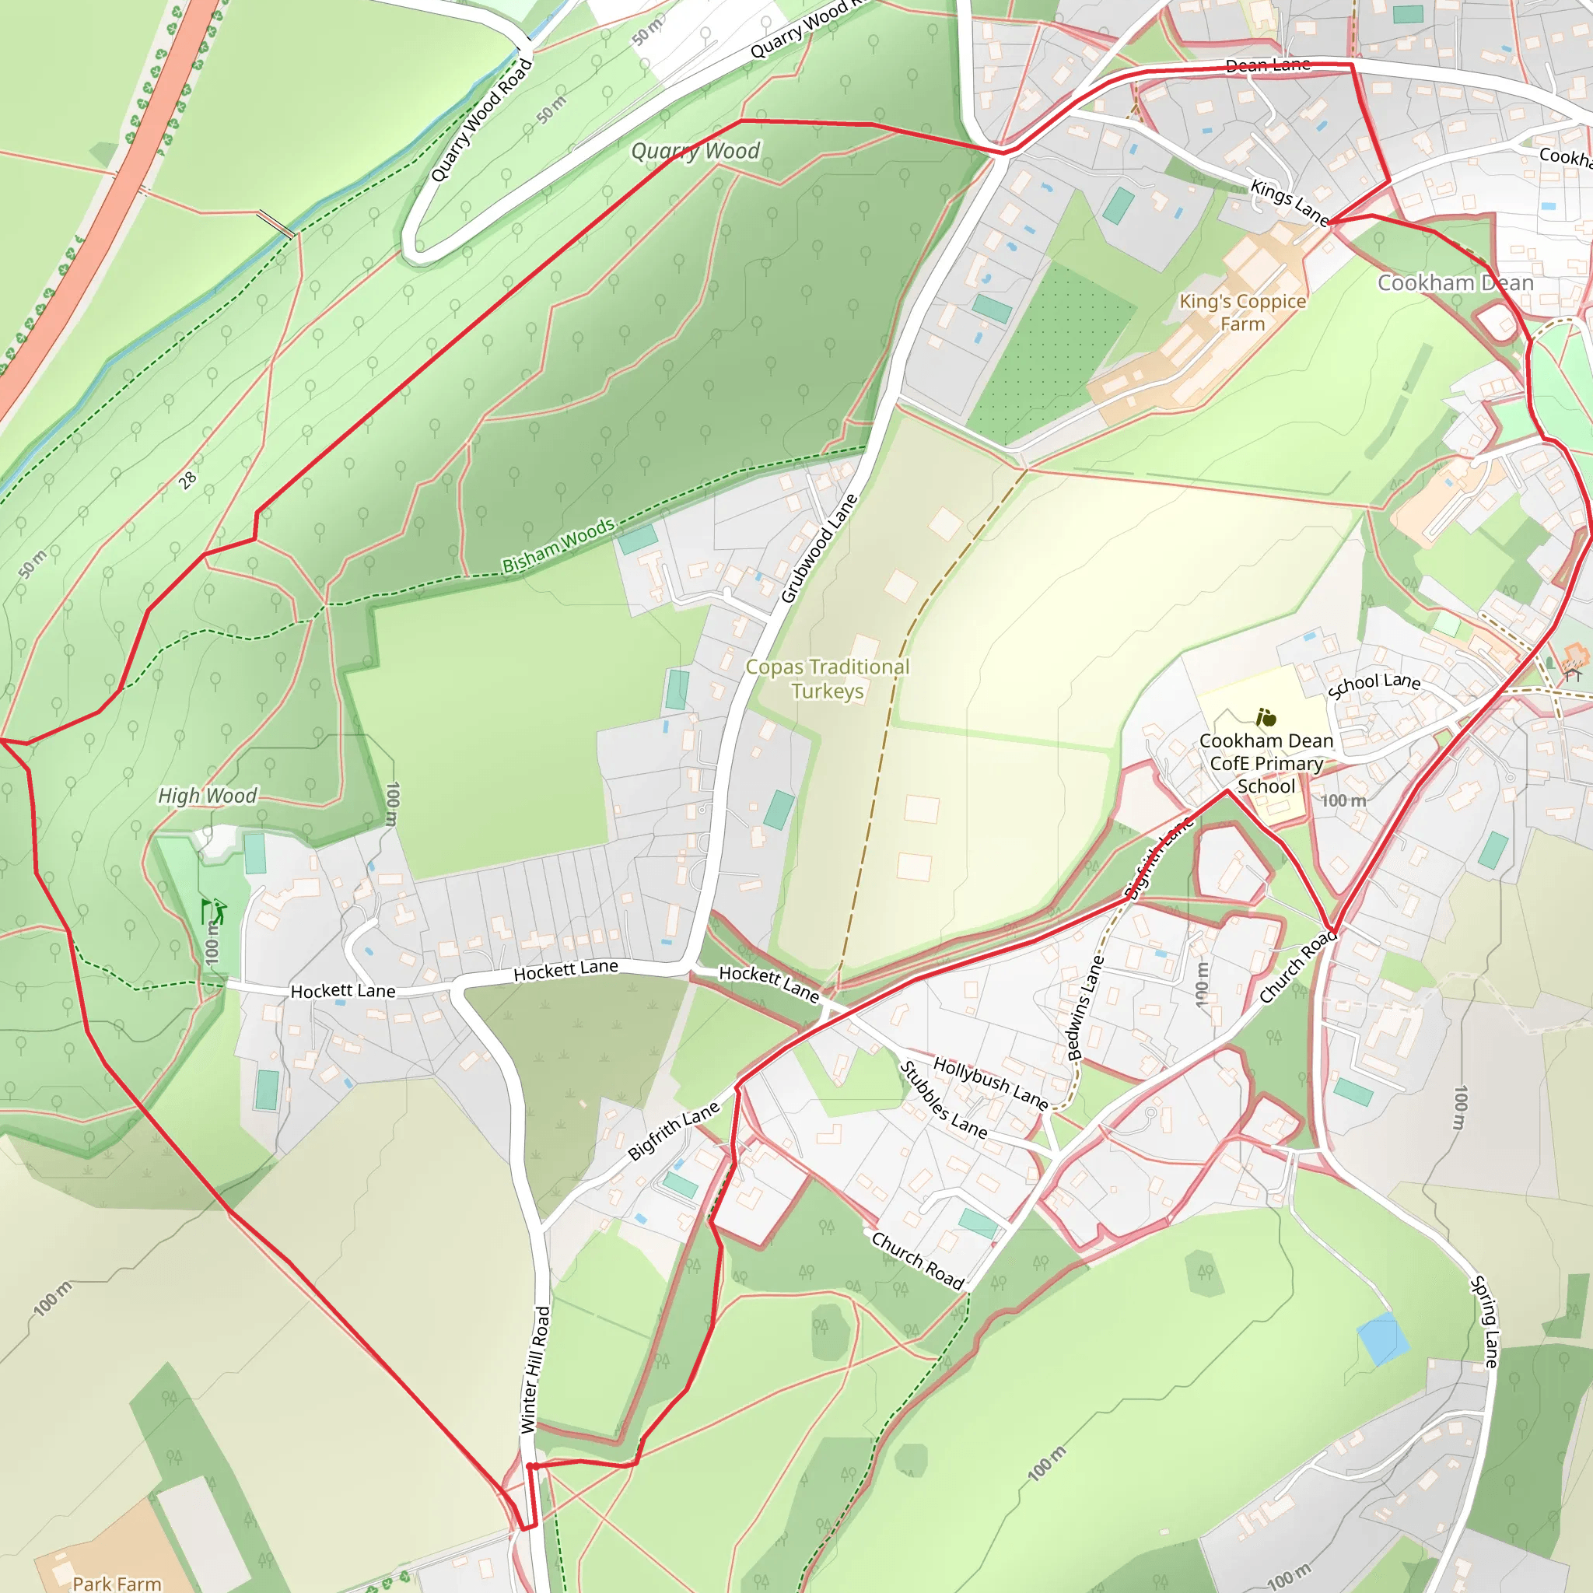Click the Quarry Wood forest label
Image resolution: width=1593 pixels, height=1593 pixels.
(695, 151)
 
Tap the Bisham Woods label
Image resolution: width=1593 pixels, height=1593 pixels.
(558, 546)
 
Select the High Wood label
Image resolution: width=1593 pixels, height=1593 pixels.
(207, 796)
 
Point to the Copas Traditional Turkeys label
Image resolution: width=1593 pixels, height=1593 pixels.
(827, 678)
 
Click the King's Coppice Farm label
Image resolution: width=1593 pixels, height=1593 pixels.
(1241, 313)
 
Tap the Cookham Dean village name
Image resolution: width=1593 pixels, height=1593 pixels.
(1455, 283)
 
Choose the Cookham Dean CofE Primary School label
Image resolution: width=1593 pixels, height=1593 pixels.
(1266, 764)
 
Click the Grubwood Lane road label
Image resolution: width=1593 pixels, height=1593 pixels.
(819, 549)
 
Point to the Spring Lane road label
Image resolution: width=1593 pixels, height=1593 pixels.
(1484, 1322)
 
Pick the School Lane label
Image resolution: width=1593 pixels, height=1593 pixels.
(1374, 684)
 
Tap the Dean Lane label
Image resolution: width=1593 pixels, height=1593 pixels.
(1267, 65)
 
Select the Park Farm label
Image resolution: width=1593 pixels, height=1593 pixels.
(117, 1583)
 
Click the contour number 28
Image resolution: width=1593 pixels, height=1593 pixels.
(188, 480)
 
